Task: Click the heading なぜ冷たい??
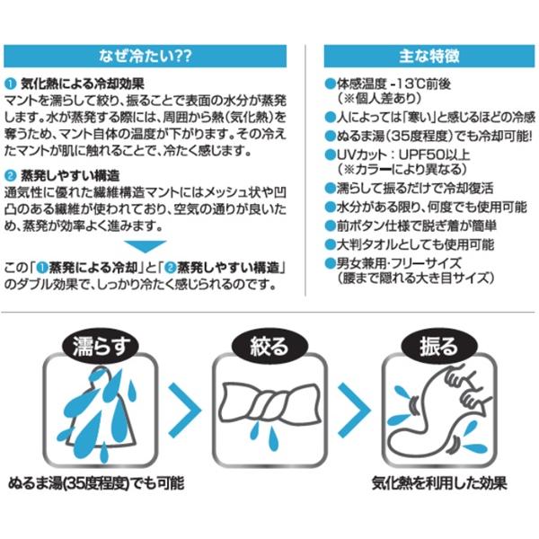tap(145, 56)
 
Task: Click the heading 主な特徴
tap(429, 56)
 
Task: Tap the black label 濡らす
tap(101, 346)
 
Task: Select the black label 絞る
tap(269, 346)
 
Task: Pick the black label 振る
tap(439, 346)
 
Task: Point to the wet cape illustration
tap(100, 412)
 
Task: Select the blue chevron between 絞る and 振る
tap(354, 411)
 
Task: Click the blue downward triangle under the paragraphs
tap(145, 246)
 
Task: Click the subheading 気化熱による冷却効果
tap(83, 84)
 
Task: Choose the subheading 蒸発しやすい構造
tap(70, 176)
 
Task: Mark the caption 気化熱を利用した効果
tap(439, 483)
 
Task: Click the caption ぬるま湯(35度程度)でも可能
tap(96, 483)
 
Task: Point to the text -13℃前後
tap(420, 84)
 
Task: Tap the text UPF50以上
tap(434, 155)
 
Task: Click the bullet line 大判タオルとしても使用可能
tap(415, 244)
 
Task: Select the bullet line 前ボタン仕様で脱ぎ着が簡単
tap(416, 225)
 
